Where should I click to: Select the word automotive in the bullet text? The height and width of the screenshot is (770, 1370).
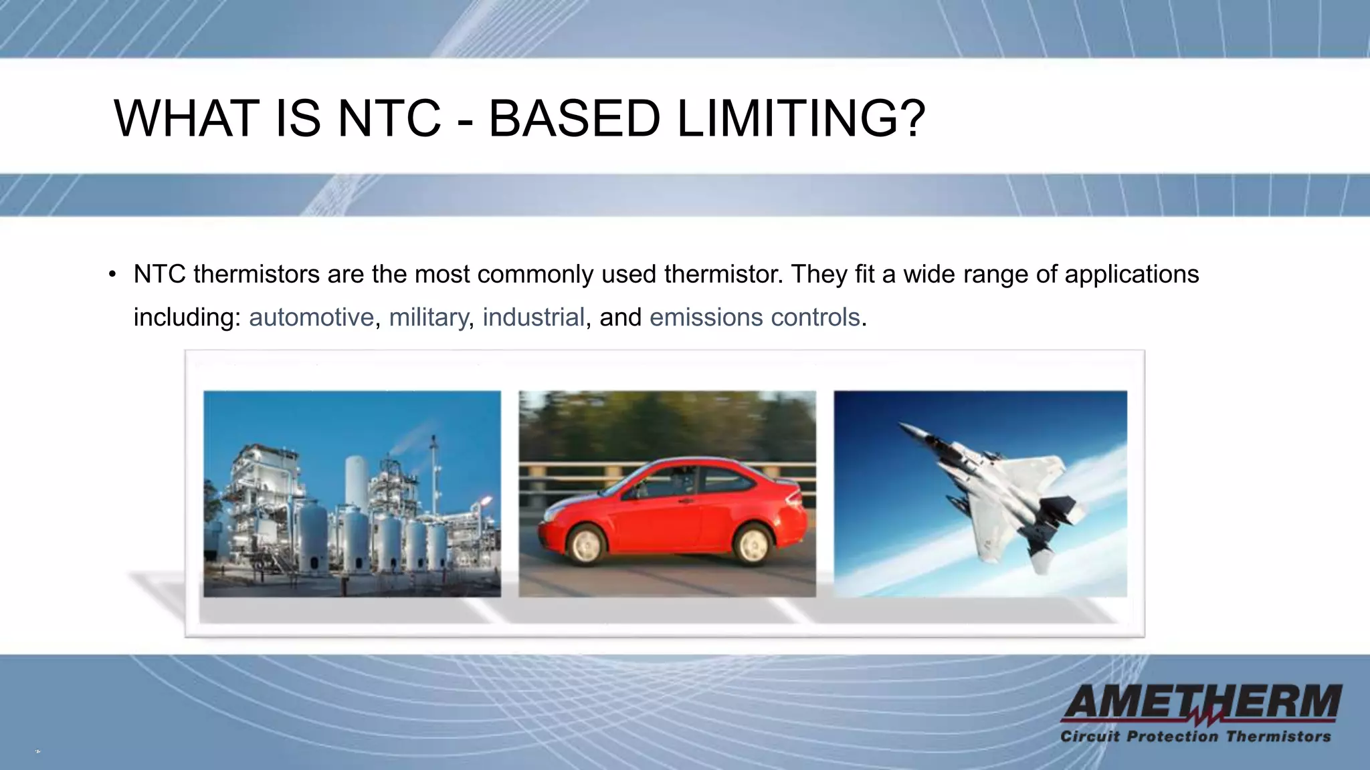point(311,317)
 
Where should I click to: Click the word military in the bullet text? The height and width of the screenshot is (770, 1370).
point(428,317)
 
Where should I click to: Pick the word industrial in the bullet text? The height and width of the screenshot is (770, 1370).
point(533,317)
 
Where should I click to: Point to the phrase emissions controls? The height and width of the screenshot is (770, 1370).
point(754,317)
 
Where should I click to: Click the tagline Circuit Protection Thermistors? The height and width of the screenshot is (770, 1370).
point(1195,737)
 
